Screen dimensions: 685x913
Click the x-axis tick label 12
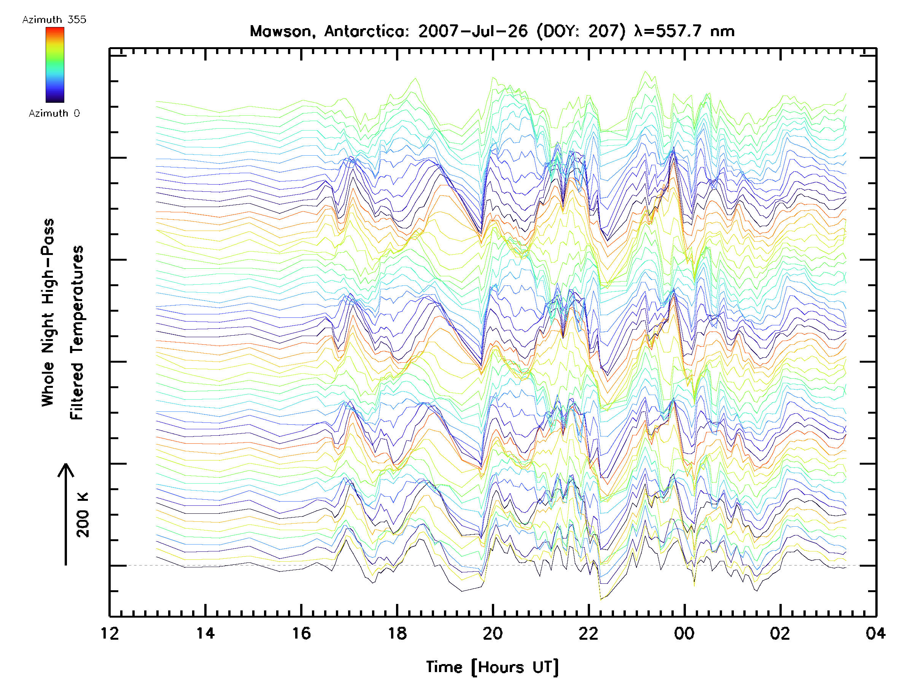click(x=110, y=633)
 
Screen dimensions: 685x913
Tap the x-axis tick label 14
click(x=205, y=633)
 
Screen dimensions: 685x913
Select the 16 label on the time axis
click(x=301, y=633)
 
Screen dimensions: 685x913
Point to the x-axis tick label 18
click(x=397, y=633)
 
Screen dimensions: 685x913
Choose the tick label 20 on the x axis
click(x=493, y=633)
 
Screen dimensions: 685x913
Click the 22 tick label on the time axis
click(x=589, y=633)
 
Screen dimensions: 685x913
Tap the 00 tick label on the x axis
click(x=684, y=633)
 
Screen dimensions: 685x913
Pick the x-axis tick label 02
click(x=780, y=633)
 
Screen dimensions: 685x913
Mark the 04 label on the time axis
click(x=875, y=633)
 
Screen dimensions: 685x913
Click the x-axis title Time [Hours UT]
click(x=492, y=667)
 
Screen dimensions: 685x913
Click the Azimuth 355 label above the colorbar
click(x=54, y=20)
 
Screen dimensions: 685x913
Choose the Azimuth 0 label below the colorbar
click(x=54, y=113)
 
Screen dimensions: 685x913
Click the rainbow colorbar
click(x=55, y=65)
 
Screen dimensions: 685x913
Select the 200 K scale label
click(x=83, y=515)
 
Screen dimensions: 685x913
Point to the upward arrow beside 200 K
click(x=66, y=514)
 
